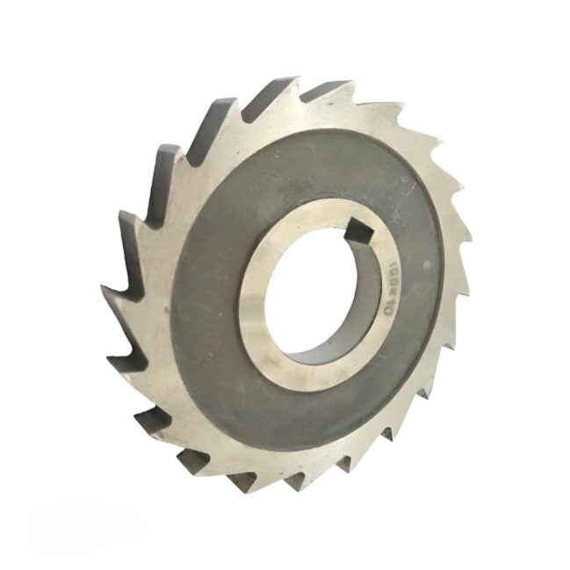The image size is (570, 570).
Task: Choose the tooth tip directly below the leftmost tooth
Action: click(x=108, y=356)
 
